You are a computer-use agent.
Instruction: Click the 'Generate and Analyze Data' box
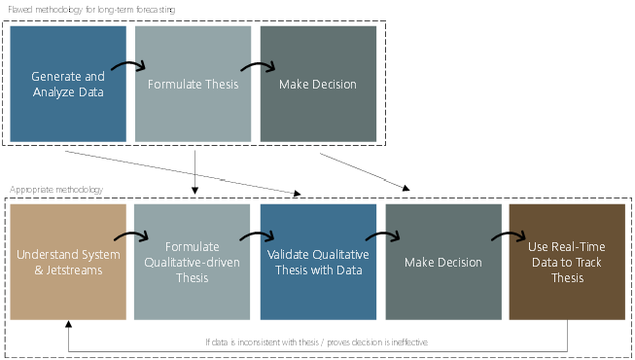68,84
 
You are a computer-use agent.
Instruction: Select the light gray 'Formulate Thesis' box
194,84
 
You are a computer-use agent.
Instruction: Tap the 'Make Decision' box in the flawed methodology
318,84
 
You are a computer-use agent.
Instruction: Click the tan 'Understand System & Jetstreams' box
68,262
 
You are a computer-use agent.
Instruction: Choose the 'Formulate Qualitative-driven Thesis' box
193,262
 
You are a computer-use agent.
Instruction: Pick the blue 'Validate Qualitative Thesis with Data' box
318,262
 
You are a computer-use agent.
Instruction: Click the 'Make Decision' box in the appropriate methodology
443,262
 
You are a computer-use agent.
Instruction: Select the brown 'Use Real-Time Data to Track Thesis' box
567,262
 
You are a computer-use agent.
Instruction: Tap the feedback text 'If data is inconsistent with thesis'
317,342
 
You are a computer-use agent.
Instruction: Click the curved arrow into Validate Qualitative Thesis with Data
257,236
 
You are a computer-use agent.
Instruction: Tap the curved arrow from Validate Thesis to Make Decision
381,236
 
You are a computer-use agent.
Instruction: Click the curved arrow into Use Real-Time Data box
507,236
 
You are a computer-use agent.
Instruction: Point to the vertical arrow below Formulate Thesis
195,169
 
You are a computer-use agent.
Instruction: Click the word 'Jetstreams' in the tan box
77,270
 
